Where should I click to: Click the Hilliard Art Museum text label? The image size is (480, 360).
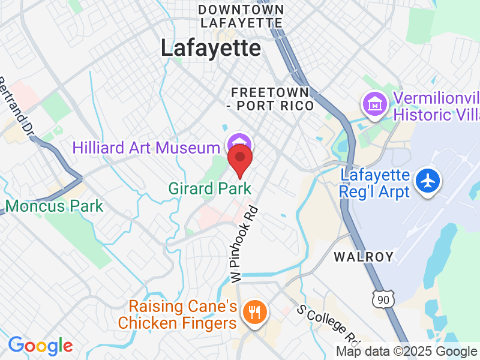[146, 148]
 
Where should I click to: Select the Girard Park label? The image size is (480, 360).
[209, 188]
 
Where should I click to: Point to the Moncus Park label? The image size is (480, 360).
[54, 206]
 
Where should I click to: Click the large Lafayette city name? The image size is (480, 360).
[211, 49]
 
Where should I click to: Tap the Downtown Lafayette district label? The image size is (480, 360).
[241, 16]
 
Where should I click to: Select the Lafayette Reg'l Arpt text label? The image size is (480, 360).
[375, 184]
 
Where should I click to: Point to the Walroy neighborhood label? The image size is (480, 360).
[364, 257]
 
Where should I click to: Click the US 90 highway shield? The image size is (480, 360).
[382, 297]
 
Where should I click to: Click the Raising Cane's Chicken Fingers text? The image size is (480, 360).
[177, 315]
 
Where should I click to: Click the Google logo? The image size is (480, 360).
[40, 346]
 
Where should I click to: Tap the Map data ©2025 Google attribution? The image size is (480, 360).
[406, 352]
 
